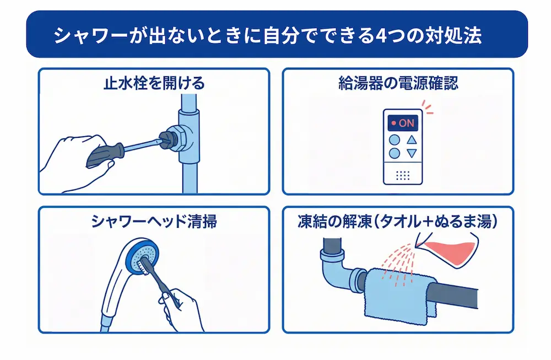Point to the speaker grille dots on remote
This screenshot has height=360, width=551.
(403, 175)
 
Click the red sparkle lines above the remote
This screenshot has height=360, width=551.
(426, 106)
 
